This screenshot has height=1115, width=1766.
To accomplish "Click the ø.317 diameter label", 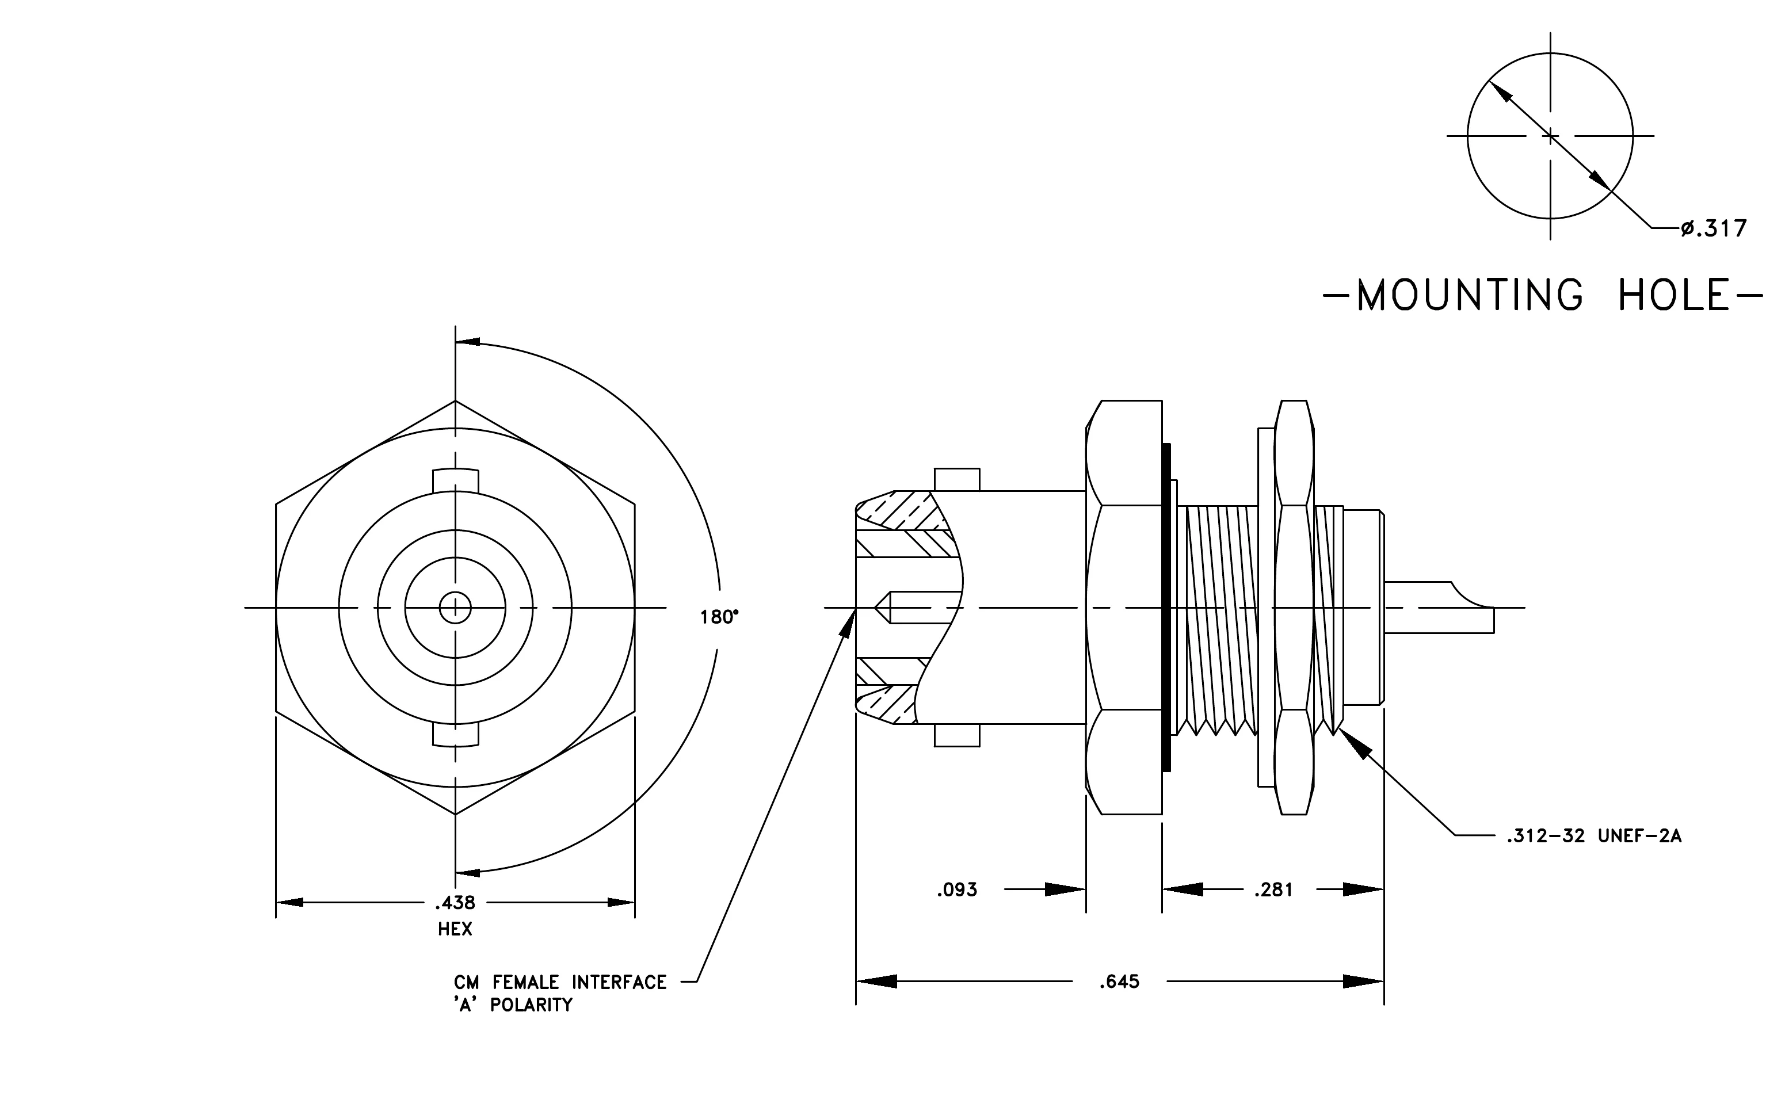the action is coord(1714,229).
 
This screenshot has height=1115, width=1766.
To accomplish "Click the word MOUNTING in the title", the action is coord(1470,295).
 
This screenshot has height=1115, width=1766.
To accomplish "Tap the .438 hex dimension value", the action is coord(455,902).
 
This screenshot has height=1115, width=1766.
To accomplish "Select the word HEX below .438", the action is coord(455,929).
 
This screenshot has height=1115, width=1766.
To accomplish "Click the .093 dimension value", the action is coord(957,890).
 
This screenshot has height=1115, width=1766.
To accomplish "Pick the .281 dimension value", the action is coord(1273,890).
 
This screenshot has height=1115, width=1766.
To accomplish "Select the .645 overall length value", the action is coord(1119,982).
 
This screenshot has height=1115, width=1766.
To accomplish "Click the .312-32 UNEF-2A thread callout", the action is coord(1593,836).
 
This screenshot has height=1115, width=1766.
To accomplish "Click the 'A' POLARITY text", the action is coord(513,1005).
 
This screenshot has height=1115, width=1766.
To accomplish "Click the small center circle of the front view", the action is coord(455,608).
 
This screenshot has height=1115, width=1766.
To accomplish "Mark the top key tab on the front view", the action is coord(455,481).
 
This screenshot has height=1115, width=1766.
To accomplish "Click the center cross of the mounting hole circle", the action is coord(1550,136).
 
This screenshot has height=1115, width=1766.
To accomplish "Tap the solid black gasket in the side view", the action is coord(1166,607).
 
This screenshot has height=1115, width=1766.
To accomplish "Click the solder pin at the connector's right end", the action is coord(1438,607).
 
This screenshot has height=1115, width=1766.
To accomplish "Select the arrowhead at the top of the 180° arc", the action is coord(468,342).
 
